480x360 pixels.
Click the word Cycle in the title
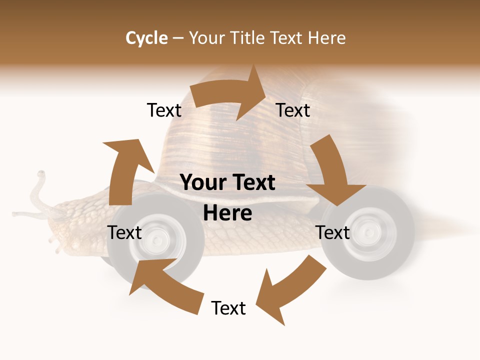(x=146, y=38)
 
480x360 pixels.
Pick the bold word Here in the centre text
(x=227, y=213)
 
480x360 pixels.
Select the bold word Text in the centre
(x=252, y=183)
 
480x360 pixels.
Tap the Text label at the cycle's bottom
(x=228, y=308)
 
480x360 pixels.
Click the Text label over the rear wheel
(x=333, y=232)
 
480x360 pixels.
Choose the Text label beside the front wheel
(x=124, y=232)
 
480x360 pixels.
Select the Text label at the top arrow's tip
(x=293, y=110)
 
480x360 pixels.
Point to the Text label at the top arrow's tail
(x=164, y=110)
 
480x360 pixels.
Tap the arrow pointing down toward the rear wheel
(x=332, y=172)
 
